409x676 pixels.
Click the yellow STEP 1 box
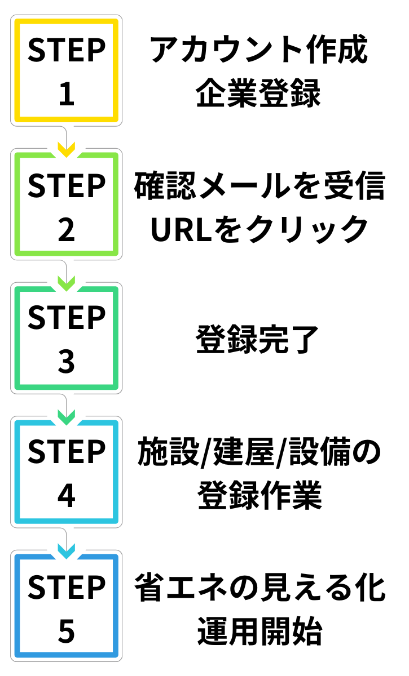coord(67,70)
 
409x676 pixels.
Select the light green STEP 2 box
coord(67,204)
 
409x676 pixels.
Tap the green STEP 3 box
coord(67,339)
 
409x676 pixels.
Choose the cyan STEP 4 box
coord(67,473)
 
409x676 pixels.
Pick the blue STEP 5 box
coord(67,607)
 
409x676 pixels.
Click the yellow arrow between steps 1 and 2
coord(67,150)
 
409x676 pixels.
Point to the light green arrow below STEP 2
coord(67,284)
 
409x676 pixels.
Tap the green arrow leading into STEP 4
coord(67,419)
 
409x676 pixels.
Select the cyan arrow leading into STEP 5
coord(67,553)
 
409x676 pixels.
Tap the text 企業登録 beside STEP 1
coord(259,94)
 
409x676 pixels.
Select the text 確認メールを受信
coord(259,186)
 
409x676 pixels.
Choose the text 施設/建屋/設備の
coord(259,454)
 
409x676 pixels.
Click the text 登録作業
coord(259,496)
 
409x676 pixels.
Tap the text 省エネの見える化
coord(259,588)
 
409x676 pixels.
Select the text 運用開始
coord(259,631)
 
